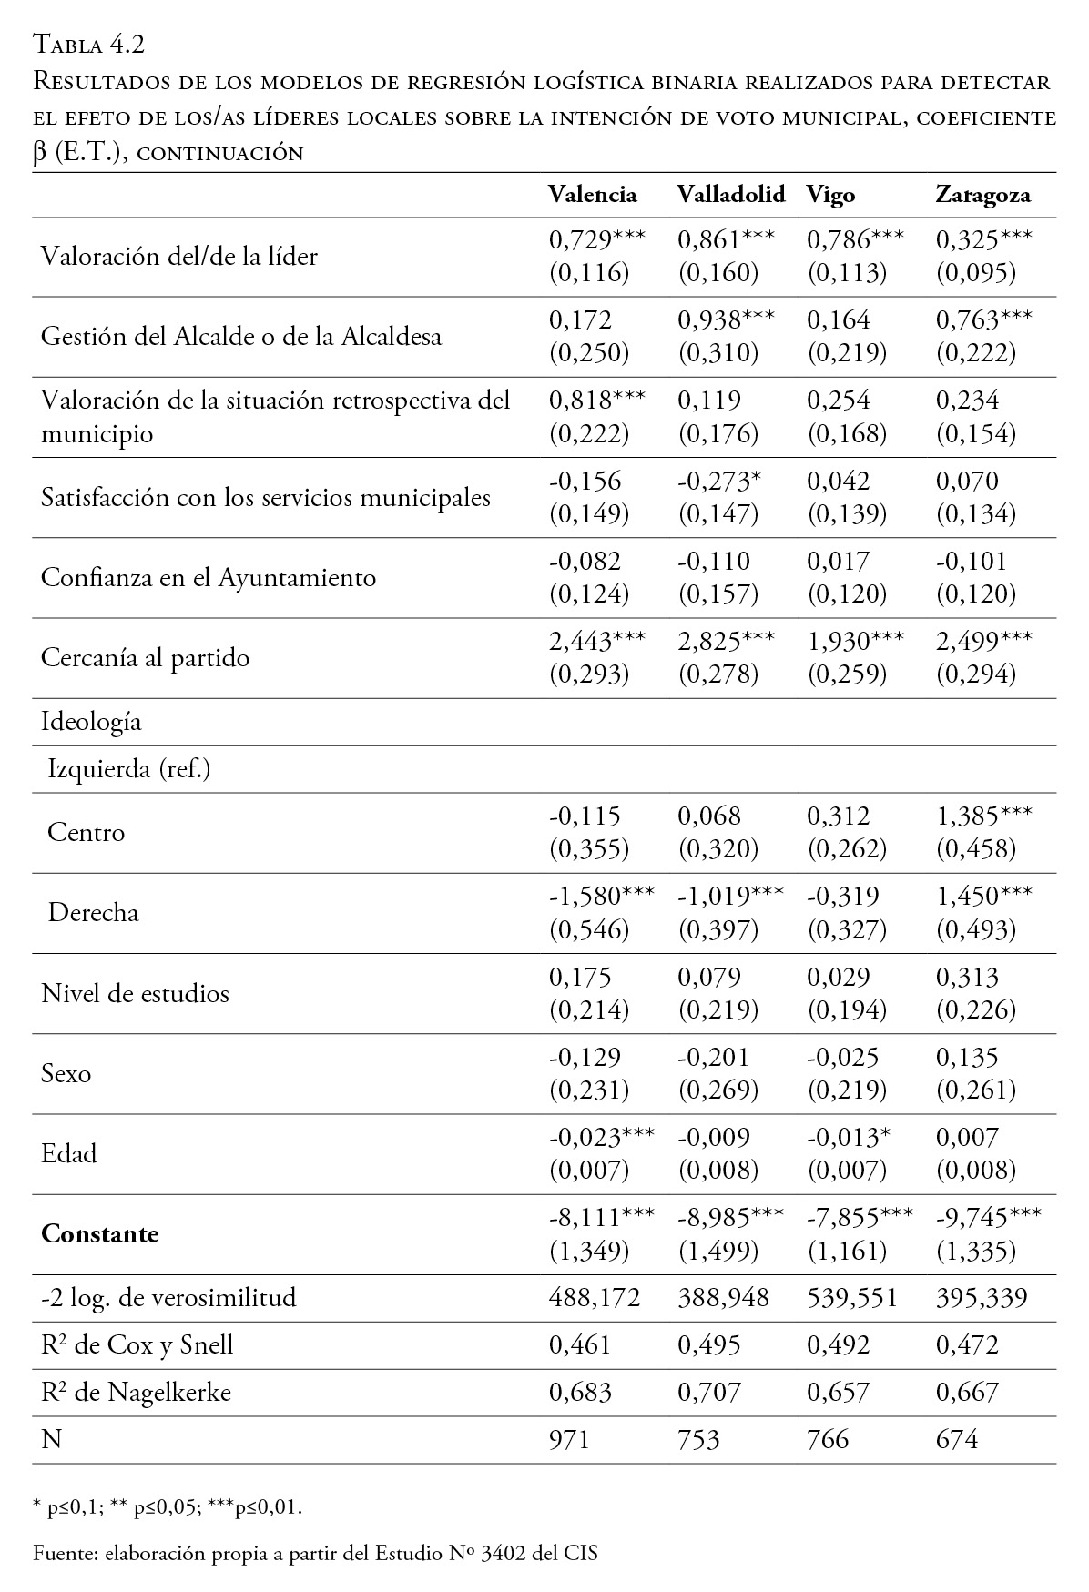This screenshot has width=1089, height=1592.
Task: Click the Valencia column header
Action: (592, 195)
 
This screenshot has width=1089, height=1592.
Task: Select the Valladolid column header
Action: (730, 195)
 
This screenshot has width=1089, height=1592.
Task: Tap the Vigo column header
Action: (830, 195)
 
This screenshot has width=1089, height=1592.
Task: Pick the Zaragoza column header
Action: (982, 195)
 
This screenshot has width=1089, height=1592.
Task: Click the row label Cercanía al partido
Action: (145, 658)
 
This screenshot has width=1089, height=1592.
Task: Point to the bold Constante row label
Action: (100, 1234)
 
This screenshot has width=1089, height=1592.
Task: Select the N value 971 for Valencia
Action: (569, 1439)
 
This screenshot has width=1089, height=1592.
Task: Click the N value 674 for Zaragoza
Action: (957, 1439)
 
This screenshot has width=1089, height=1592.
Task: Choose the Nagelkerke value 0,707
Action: (708, 1392)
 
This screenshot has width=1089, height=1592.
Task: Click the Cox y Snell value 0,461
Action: (579, 1344)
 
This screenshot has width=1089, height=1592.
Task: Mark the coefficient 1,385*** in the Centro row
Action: (983, 816)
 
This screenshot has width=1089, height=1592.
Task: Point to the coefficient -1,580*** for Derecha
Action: (601, 896)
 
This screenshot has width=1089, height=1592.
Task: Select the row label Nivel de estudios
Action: (135, 993)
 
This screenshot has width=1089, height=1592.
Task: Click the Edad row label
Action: (69, 1154)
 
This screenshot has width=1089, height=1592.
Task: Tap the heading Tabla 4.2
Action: (89, 43)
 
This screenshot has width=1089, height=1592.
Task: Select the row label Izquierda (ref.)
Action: (128, 770)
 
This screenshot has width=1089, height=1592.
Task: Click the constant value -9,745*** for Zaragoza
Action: (988, 1217)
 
